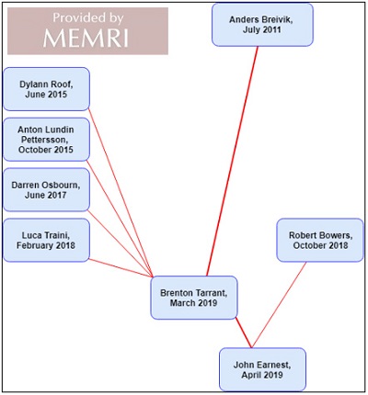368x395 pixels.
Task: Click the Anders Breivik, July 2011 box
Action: tap(262, 25)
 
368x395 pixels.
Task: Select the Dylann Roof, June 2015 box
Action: tap(46, 89)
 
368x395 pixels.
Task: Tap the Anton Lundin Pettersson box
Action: tap(46, 140)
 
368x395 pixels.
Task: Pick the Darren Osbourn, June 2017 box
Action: tap(46, 190)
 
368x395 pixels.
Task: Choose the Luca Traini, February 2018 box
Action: tap(46, 240)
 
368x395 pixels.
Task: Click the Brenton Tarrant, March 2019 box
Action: tap(194, 298)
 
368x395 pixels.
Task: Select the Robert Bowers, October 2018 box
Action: tap(320, 240)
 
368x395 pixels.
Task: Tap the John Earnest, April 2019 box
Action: tap(262, 369)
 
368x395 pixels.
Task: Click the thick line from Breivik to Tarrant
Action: tap(233, 161)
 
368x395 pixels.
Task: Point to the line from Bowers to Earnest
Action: tap(279, 305)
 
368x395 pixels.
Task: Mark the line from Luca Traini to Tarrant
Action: tap(121, 268)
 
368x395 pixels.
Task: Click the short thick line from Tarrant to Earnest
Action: tap(244, 333)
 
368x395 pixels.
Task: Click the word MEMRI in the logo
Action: tap(86, 39)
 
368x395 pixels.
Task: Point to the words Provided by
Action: tap(88, 18)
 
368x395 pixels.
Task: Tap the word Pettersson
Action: tap(45, 140)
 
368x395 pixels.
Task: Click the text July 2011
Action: tap(262, 29)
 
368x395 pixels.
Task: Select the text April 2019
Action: tap(262, 375)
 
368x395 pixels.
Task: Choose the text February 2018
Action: tap(46, 245)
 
